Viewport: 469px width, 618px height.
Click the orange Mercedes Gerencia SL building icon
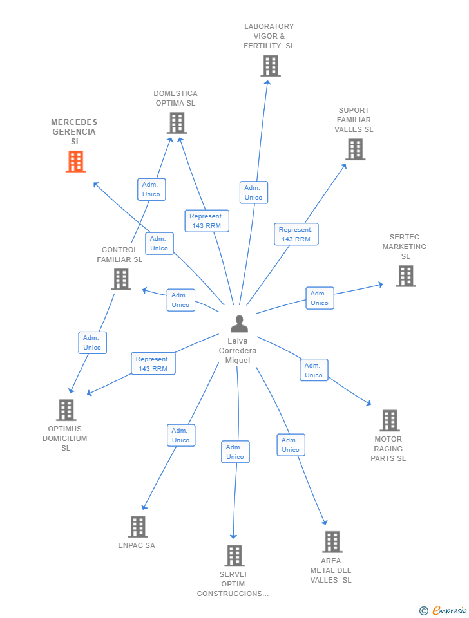tap(76, 162)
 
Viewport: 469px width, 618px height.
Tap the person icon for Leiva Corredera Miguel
tap(240, 324)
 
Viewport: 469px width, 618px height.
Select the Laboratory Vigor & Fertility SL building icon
tap(271, 66)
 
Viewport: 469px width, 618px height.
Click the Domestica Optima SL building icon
tap(177, 123)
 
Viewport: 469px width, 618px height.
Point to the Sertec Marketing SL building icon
tap(406, 276)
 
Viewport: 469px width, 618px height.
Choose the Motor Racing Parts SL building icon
tap(390, 420)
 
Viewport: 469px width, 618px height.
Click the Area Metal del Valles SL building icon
tap(332, 542)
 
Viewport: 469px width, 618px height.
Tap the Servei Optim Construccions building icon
tap(235, 556)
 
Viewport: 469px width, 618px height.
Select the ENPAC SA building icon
tap(138, 527)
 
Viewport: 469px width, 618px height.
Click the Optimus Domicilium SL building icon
tap(66, 410)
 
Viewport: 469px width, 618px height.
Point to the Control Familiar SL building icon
tap(121, 279)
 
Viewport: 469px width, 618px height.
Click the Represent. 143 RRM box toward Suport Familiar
tap(296, 234)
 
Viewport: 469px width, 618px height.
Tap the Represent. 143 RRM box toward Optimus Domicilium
tap(153, 363)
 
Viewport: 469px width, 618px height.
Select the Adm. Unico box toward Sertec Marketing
tap(320, 298)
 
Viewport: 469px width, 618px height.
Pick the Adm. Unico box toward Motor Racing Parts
tap(314, 370)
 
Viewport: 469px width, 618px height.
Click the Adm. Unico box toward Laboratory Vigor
tap(254, 192)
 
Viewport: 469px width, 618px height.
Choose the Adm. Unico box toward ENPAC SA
tap(181, 435)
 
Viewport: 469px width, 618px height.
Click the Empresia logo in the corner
tap(443, 610)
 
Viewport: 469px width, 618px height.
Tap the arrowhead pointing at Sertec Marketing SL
tap(381, 285)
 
